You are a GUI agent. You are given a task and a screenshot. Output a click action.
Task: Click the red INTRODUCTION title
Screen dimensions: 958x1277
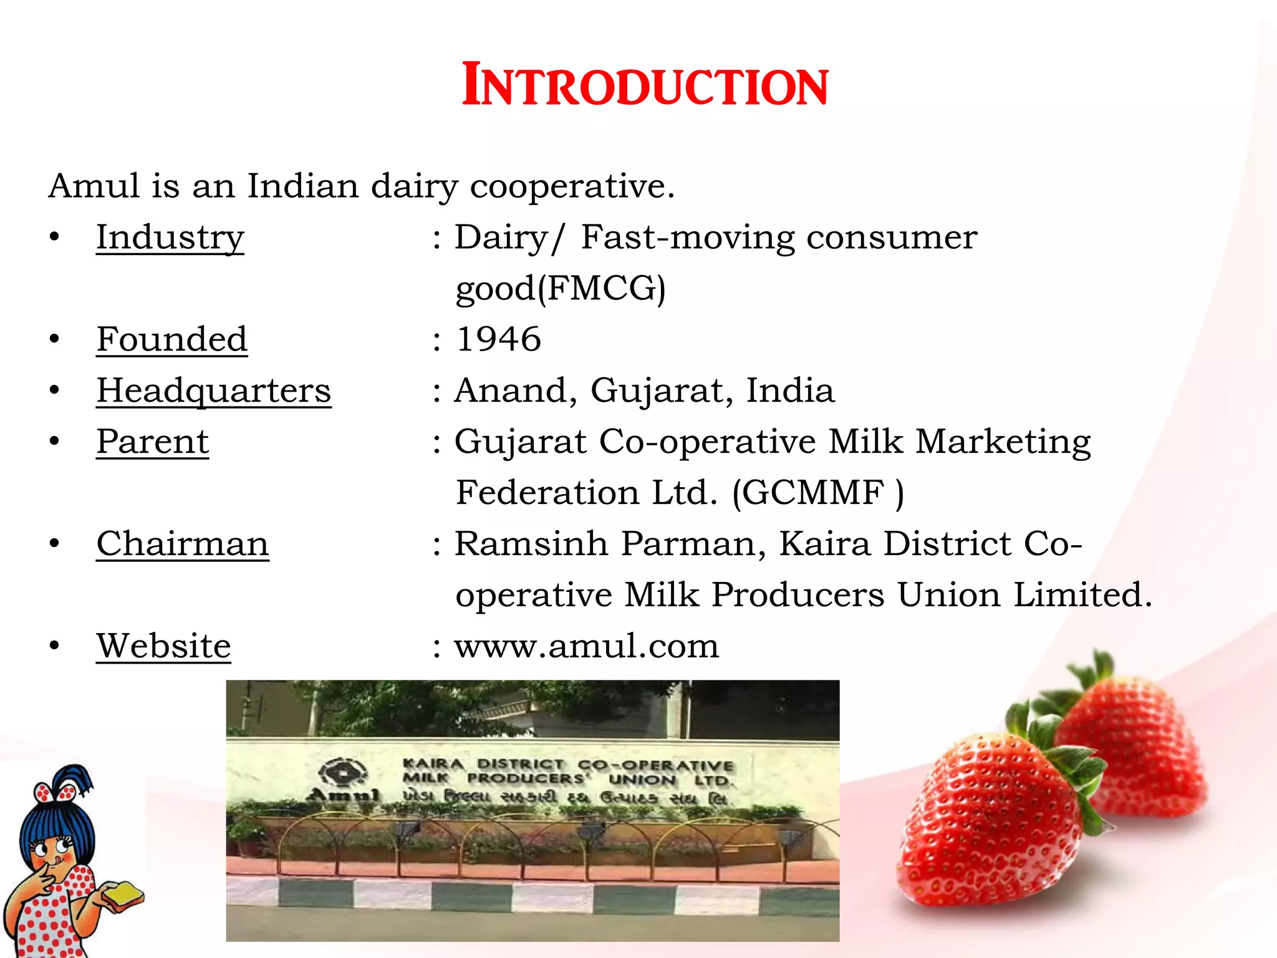coord(645,85)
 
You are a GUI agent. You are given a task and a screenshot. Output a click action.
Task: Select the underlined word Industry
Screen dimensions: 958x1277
coord(170,238)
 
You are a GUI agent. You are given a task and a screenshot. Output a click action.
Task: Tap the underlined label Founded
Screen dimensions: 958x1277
coord(172,339)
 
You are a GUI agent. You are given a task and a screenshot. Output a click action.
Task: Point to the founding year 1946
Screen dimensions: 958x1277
coord(499,339)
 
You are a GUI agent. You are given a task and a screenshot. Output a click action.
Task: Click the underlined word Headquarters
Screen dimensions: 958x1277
coord(213,391)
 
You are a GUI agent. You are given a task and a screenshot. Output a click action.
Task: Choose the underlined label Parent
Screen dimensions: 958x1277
coord(152,442)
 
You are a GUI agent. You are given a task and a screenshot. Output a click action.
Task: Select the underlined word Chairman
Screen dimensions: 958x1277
coord(182,544)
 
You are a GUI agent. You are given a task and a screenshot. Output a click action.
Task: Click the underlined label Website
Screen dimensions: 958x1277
coord(163,646)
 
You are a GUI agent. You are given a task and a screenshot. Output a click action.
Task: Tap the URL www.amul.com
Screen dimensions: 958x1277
coord(586,646)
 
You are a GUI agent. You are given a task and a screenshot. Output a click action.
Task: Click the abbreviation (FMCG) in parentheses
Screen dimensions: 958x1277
coord(602,289)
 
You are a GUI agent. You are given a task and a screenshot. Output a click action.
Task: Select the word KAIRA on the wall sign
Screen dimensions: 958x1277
coord(433,763)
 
